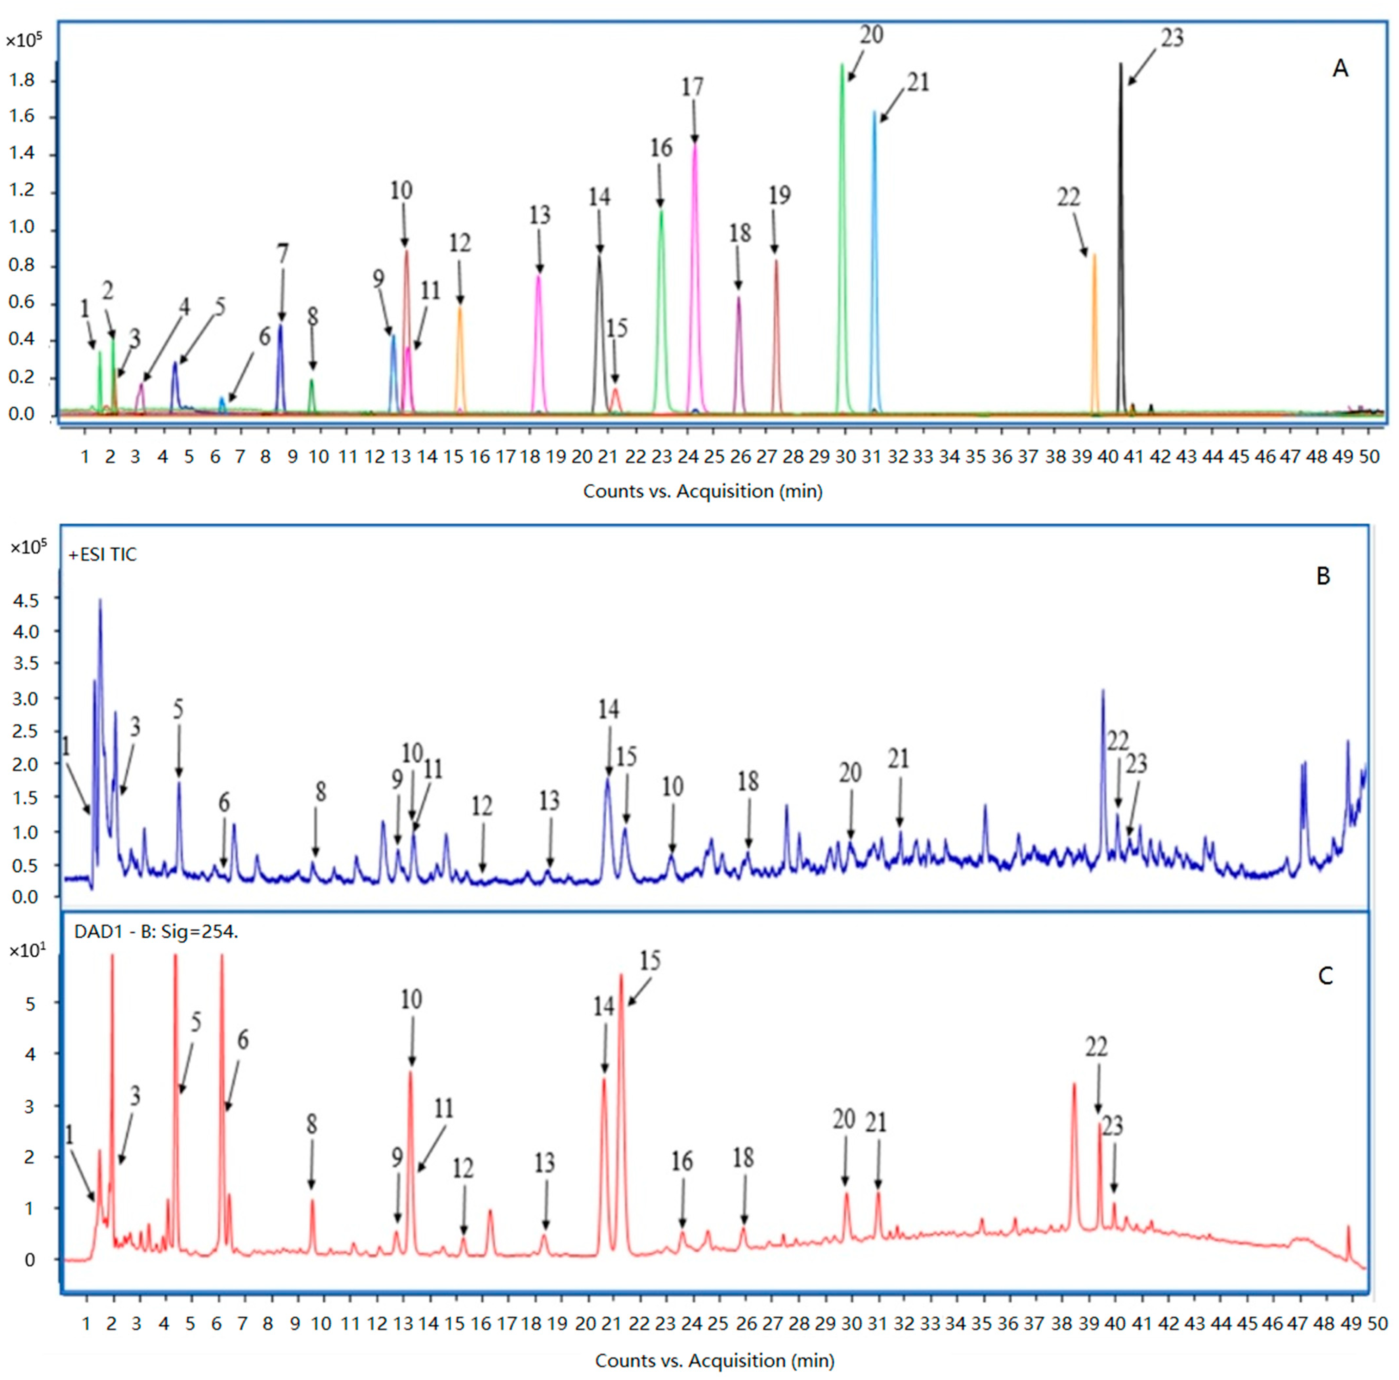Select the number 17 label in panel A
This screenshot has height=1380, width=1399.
[692, 87]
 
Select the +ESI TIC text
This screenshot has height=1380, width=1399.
[103, 555]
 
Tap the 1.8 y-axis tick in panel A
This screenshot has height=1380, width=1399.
[22, 80]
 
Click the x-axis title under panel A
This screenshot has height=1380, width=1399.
[702, 491]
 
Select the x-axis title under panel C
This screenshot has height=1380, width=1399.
[714, 1360]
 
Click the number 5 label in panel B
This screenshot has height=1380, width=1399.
[178, 709]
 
